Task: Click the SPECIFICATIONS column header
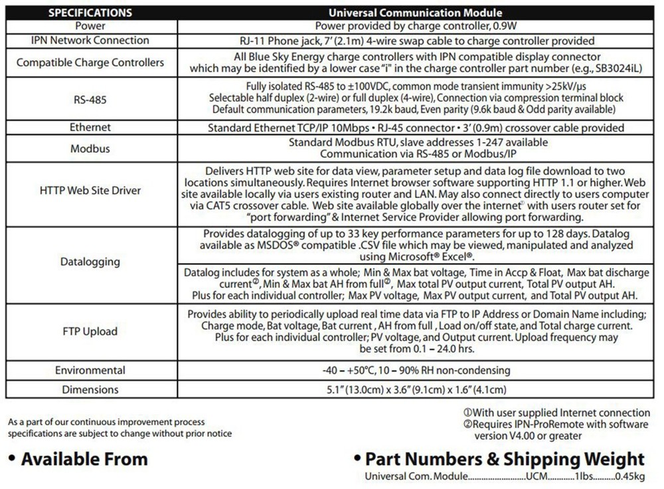click(90, 13)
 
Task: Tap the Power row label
click(90, 26)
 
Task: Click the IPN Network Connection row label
click(90, 40)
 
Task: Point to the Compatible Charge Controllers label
click(90, 62)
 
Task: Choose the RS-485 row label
click(90, 99)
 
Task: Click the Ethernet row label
click(90, 127)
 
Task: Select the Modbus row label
click(90, 148)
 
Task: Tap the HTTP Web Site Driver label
click(90, 191)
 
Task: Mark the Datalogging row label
click(90, 262)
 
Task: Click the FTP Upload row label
click(90, 331)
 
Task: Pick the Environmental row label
click(90, 370)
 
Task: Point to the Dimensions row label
click(90, 389)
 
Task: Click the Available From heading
click(78, 458)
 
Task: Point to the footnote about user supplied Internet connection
click(556, 413)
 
